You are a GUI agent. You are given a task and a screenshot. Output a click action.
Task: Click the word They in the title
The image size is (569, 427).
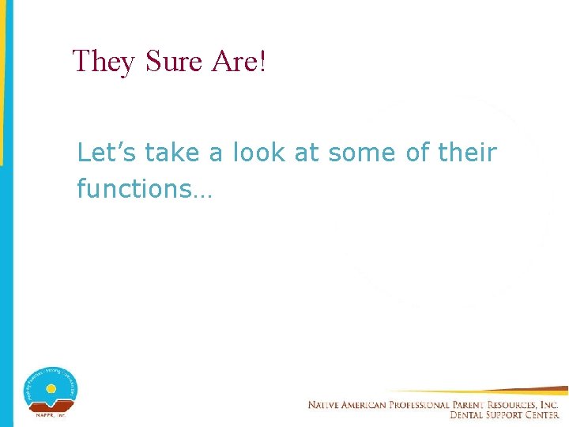pos(104,61)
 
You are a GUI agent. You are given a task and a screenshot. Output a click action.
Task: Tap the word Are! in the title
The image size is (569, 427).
pos(239,61)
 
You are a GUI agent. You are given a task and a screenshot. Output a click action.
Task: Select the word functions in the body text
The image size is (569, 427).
pos(133,189)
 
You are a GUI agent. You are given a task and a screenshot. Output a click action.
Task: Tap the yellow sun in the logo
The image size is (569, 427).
pos(51,389)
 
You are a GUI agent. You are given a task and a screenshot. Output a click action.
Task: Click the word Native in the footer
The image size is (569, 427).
pos(326,405)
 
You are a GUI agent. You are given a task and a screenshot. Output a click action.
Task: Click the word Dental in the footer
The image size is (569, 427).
pos(466,415)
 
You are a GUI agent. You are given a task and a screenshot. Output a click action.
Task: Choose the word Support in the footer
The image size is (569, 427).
pos(507,415)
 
